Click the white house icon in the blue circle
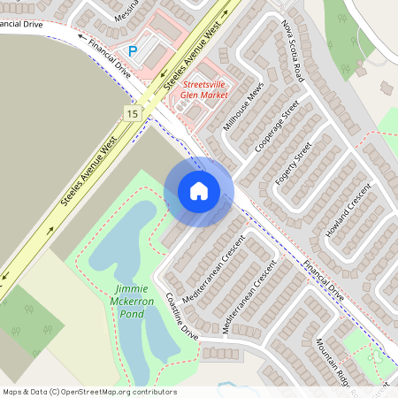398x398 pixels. pyautogui.click(x=198, y=191)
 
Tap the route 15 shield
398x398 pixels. pyautogui.click(x=132, y=112)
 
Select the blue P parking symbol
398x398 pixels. pyautogui.click(x=134, y=52)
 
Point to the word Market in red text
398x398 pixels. pyautogui.click(x=213, y=95)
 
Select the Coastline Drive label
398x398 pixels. pyautogui.click(x=182, y=317)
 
